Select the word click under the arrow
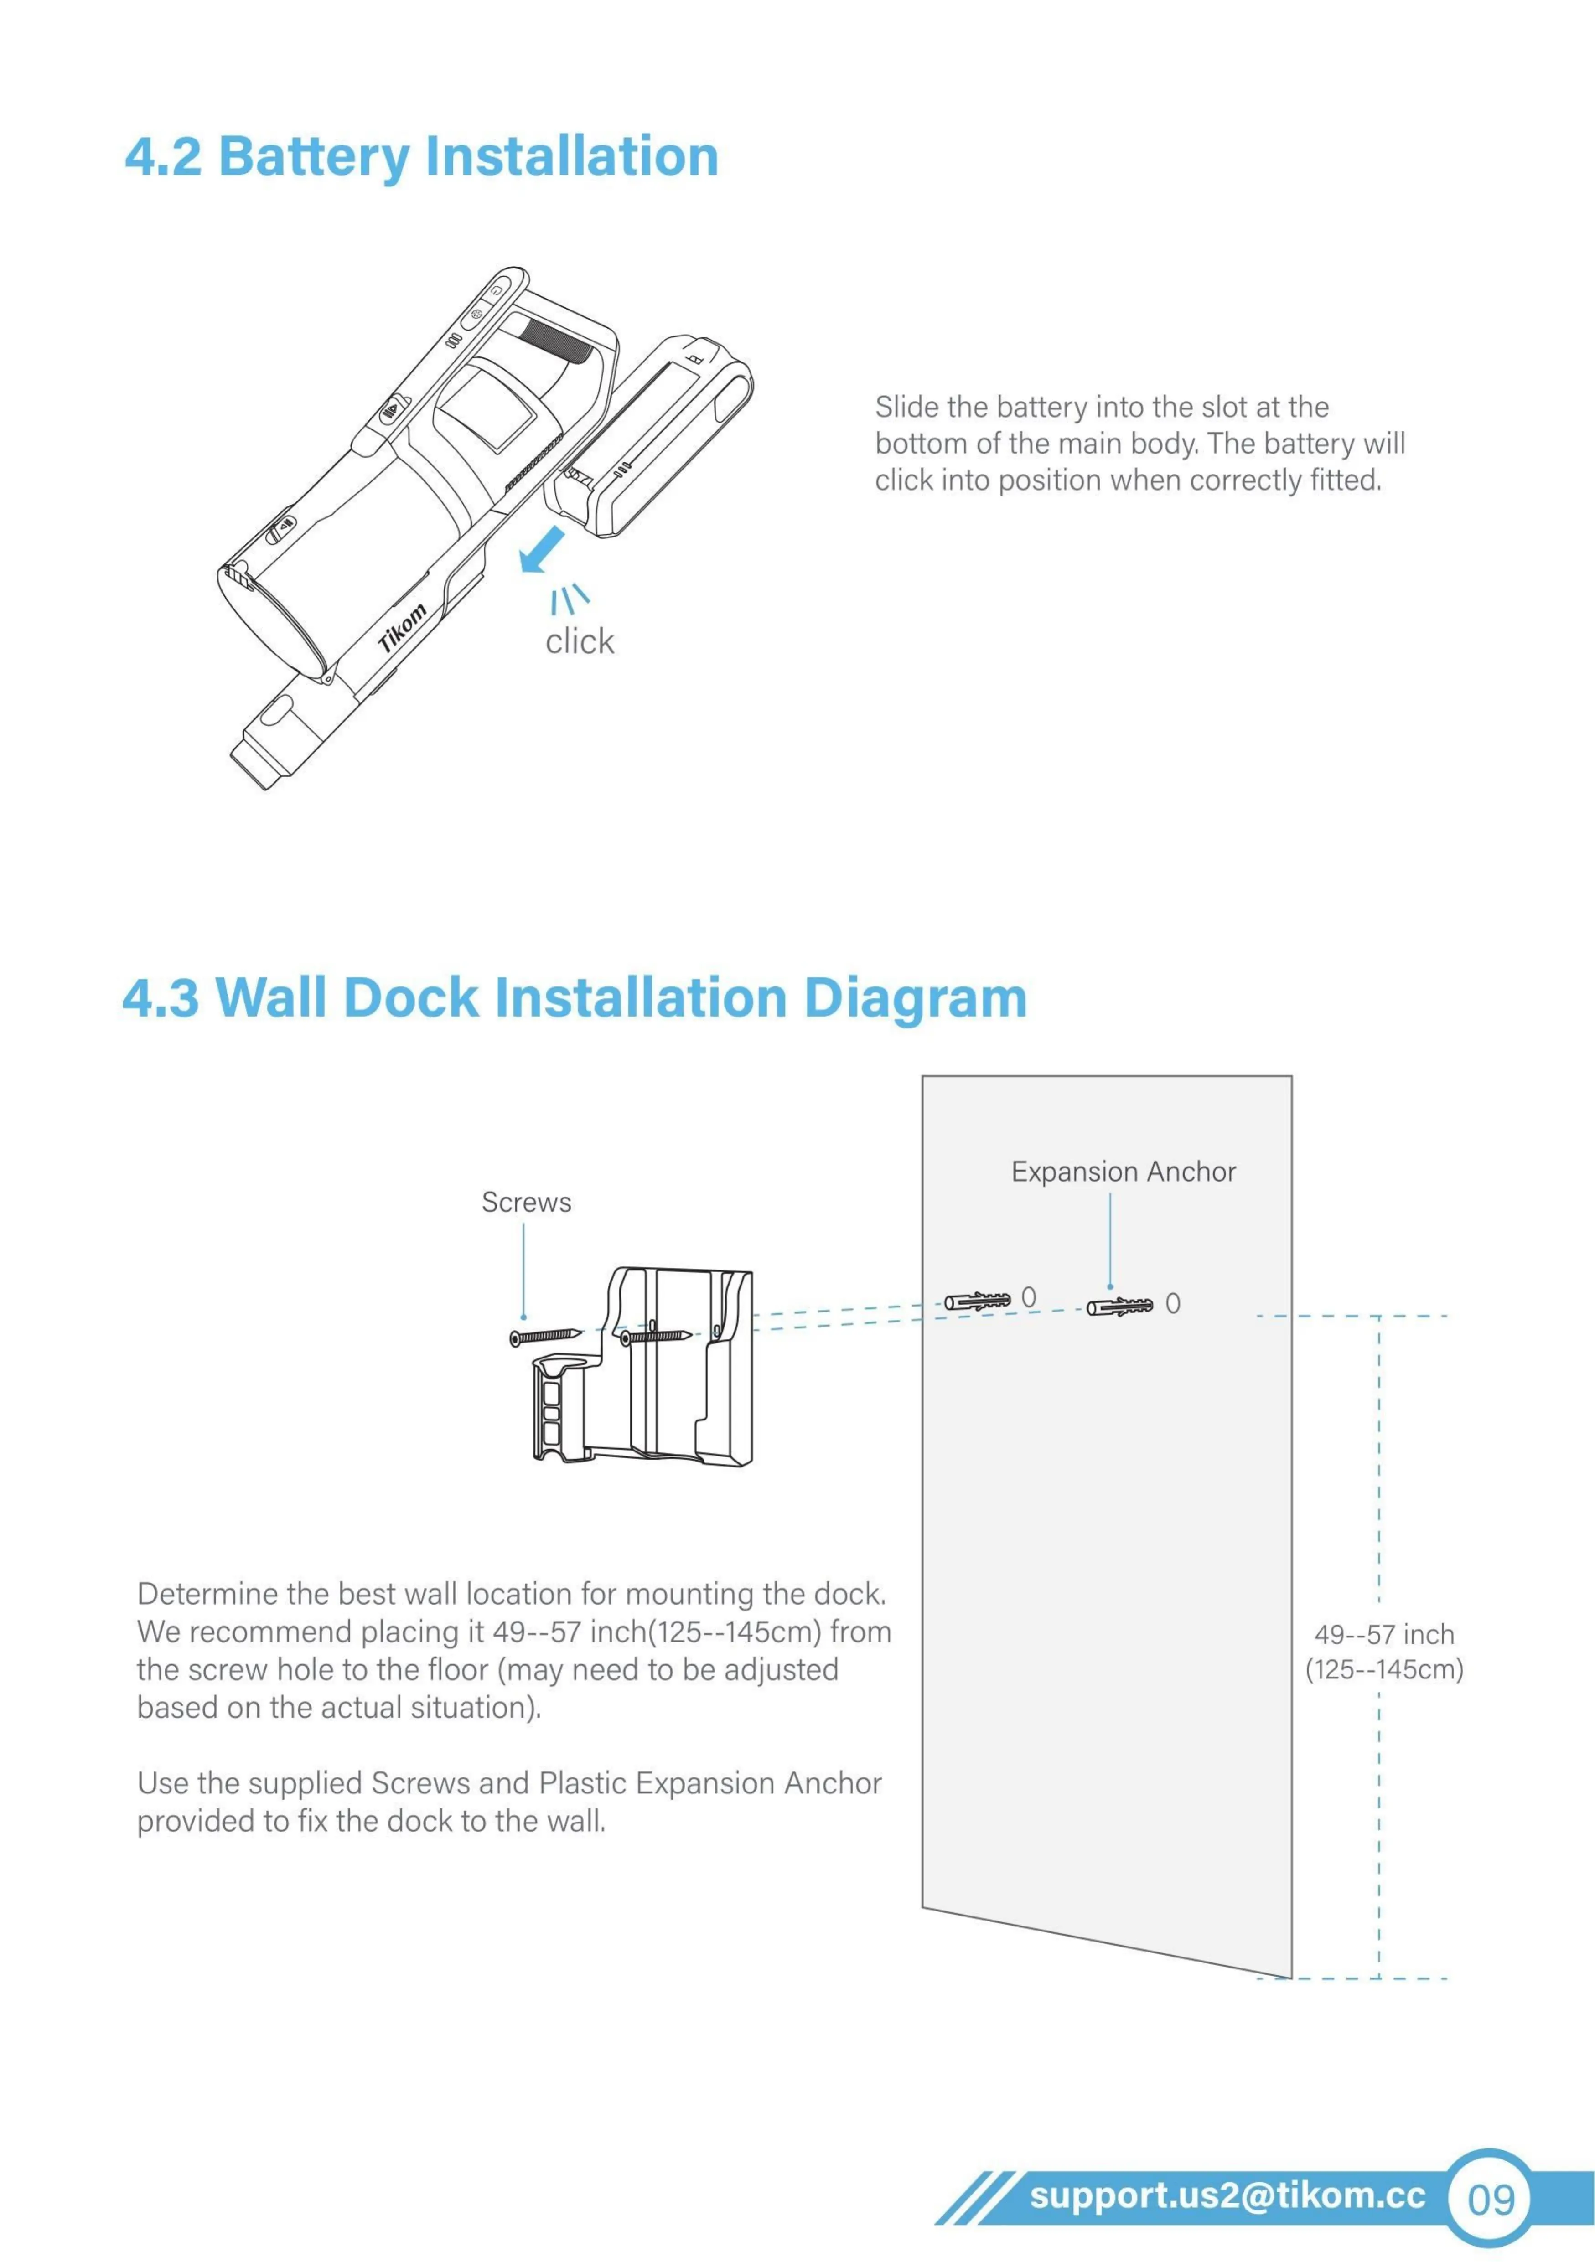tap(579, 641)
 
